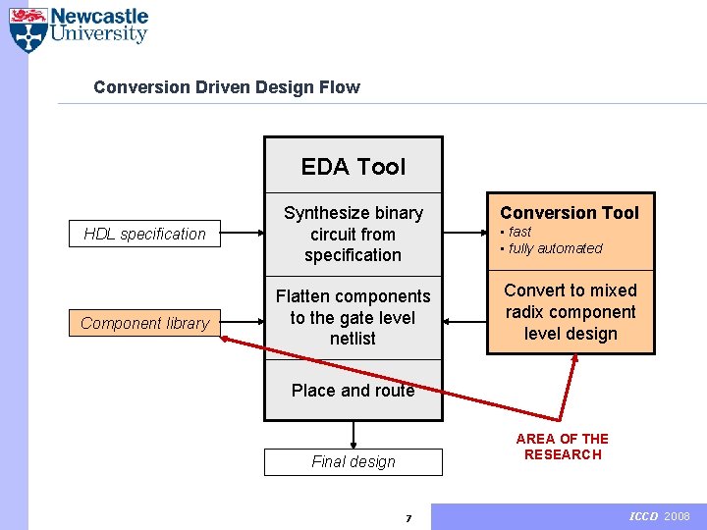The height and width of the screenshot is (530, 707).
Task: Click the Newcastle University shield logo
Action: pos(27,29)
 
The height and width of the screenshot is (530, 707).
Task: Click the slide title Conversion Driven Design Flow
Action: pos(227,87)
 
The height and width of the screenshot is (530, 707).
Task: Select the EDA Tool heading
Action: pos(353,167)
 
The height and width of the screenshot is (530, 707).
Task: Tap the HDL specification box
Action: pos(144,234)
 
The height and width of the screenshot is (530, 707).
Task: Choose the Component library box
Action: pos(144,323)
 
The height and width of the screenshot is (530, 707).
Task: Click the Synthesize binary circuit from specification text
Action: pos(353,234)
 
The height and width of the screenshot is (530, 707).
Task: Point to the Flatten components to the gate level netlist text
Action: pos(353,317)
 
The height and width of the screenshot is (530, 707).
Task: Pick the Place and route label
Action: pos(353,390)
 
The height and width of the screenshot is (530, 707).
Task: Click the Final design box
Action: pos(353,461)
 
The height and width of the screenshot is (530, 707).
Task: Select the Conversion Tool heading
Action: pos(570,213)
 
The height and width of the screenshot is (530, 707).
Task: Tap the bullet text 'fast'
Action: pos(519,232)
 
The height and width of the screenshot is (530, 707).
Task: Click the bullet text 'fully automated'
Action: pos(555,248)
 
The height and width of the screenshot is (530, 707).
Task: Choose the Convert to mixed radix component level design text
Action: pos(571,312)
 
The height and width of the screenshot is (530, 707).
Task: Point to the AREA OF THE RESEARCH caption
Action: pos(563,447)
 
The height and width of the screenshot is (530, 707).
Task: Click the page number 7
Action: pos(408,518)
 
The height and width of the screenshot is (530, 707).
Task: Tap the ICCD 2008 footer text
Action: pos(659,516)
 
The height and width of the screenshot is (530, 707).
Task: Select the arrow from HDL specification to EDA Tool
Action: pos(243,234)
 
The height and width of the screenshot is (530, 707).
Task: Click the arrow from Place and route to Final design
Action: pos(353,435)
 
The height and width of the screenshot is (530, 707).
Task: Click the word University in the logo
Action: pos(98,34)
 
